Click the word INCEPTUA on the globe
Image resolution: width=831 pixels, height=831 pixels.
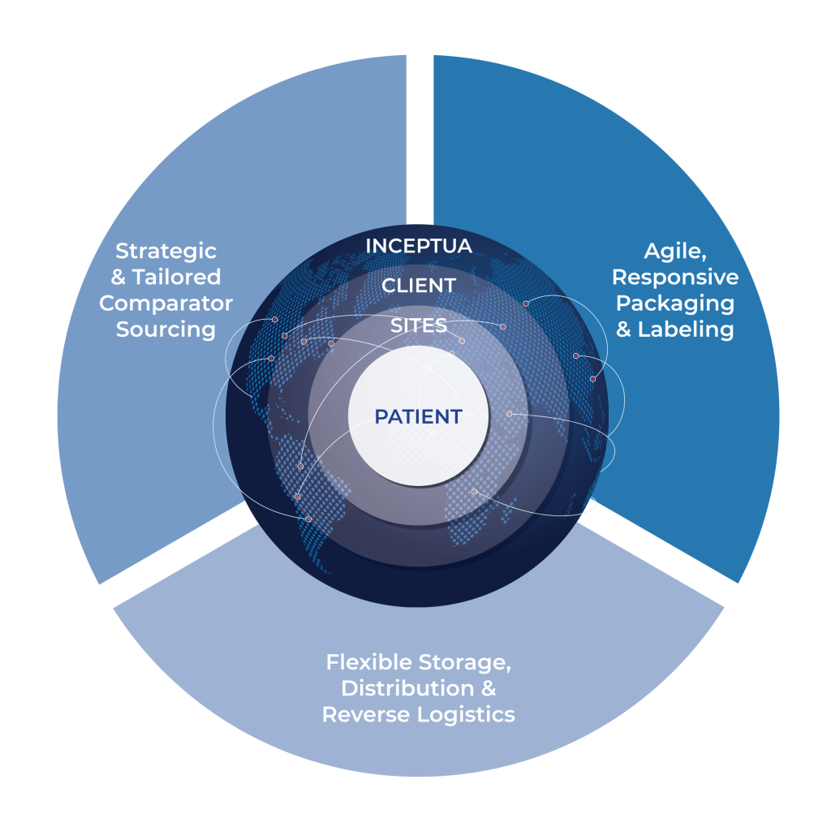[x=419, y=246]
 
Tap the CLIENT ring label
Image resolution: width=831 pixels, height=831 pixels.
[x=419, y=286]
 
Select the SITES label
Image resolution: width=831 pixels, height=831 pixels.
[x=419, y=325]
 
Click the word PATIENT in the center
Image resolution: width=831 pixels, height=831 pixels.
[x=418, y=416]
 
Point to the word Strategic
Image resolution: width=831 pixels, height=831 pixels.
[x=166, y=251]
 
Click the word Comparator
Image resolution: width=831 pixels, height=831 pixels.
[x=166, y=304]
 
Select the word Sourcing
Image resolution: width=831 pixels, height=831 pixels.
[x=166, y=329]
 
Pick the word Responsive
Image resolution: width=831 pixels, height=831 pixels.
[x=675, y=277]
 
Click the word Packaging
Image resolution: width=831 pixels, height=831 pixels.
[x=675, y=304]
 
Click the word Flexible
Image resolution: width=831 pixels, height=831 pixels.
[x=368, y=661]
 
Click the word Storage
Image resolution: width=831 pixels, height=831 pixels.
[x=463, y=661]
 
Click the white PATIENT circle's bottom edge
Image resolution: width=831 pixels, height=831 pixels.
[x=418, y=484]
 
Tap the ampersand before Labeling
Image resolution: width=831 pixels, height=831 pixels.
[x=624, y=329]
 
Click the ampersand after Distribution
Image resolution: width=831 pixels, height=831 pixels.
[x=487, y=688]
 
